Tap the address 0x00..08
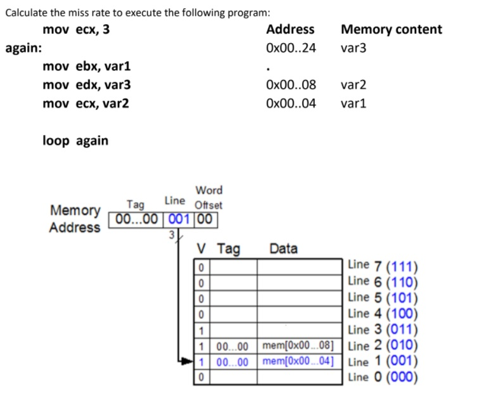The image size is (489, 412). (291, 85)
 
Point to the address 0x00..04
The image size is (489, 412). (291, 103)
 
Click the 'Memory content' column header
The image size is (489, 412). (391, 29)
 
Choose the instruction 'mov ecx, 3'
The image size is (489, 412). (76, 29)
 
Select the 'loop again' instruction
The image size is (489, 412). (75, 141)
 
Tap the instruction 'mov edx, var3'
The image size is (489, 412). (87, 85)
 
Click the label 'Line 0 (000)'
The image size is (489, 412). (383, 377)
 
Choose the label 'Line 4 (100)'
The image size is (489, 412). (383, 313)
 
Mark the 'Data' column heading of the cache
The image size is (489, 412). (283, 249)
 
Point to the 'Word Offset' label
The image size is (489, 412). (208, 197)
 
